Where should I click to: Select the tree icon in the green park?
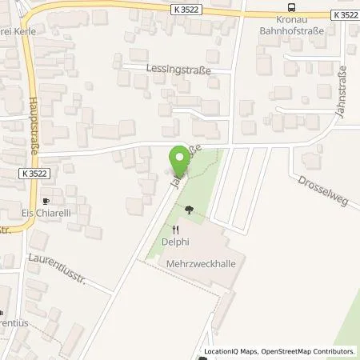[x=189, y=210]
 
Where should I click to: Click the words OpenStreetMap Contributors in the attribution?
[x=314, y=351]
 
